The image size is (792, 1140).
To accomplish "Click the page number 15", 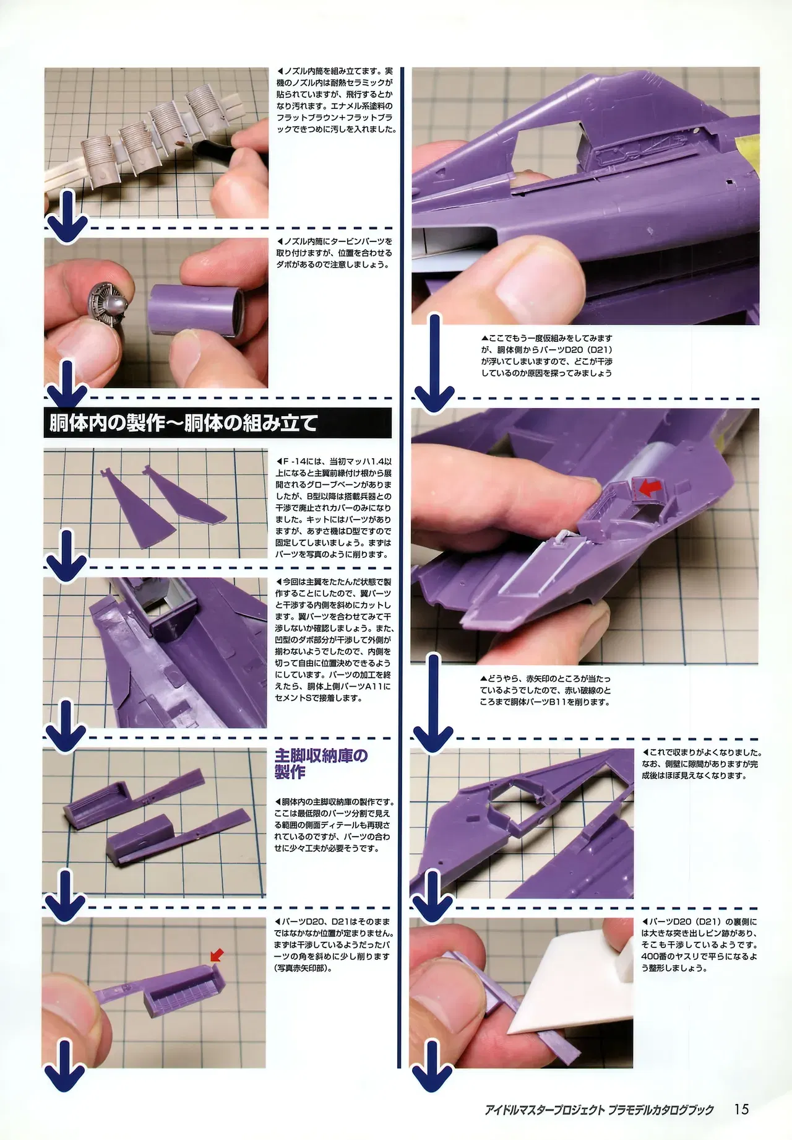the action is [x=741, y=1108].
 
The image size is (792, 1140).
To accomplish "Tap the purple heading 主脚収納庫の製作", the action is [x=321, y=763].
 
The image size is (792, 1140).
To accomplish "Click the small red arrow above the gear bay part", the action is [x=218, y=955].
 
